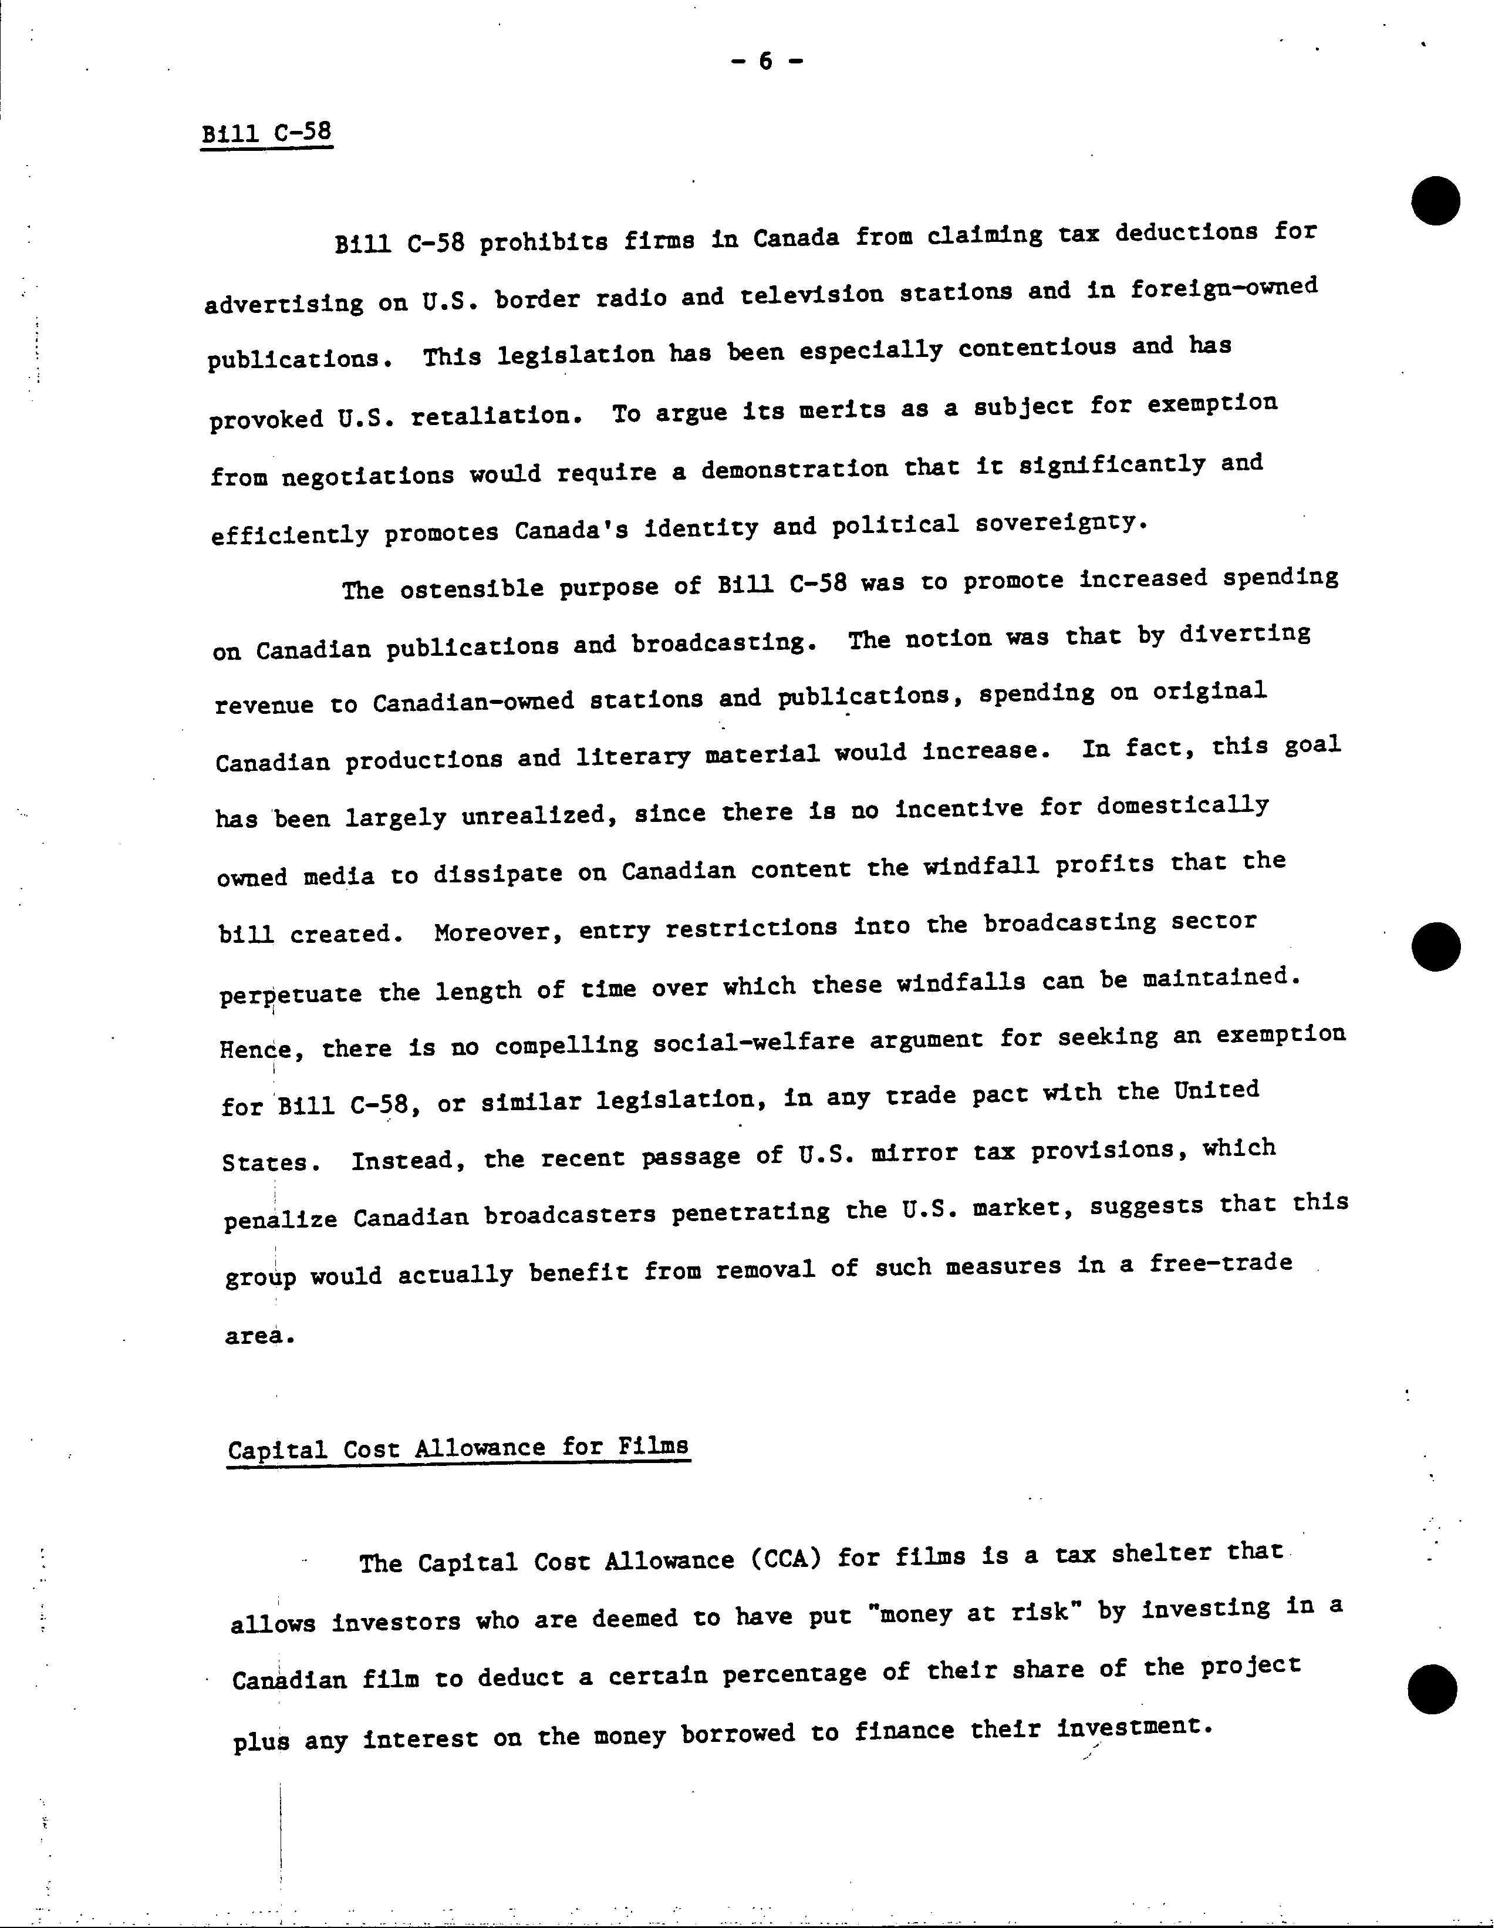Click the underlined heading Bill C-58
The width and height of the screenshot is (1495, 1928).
(266, 133)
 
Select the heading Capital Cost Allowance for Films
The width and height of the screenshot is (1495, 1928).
(457, 1448)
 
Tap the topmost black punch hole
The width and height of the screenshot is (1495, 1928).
(1435, 200)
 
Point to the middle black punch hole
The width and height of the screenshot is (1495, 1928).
(1436, 947)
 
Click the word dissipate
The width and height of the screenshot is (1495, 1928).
(497, 873)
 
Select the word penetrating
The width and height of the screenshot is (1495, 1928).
(750, 1213)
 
